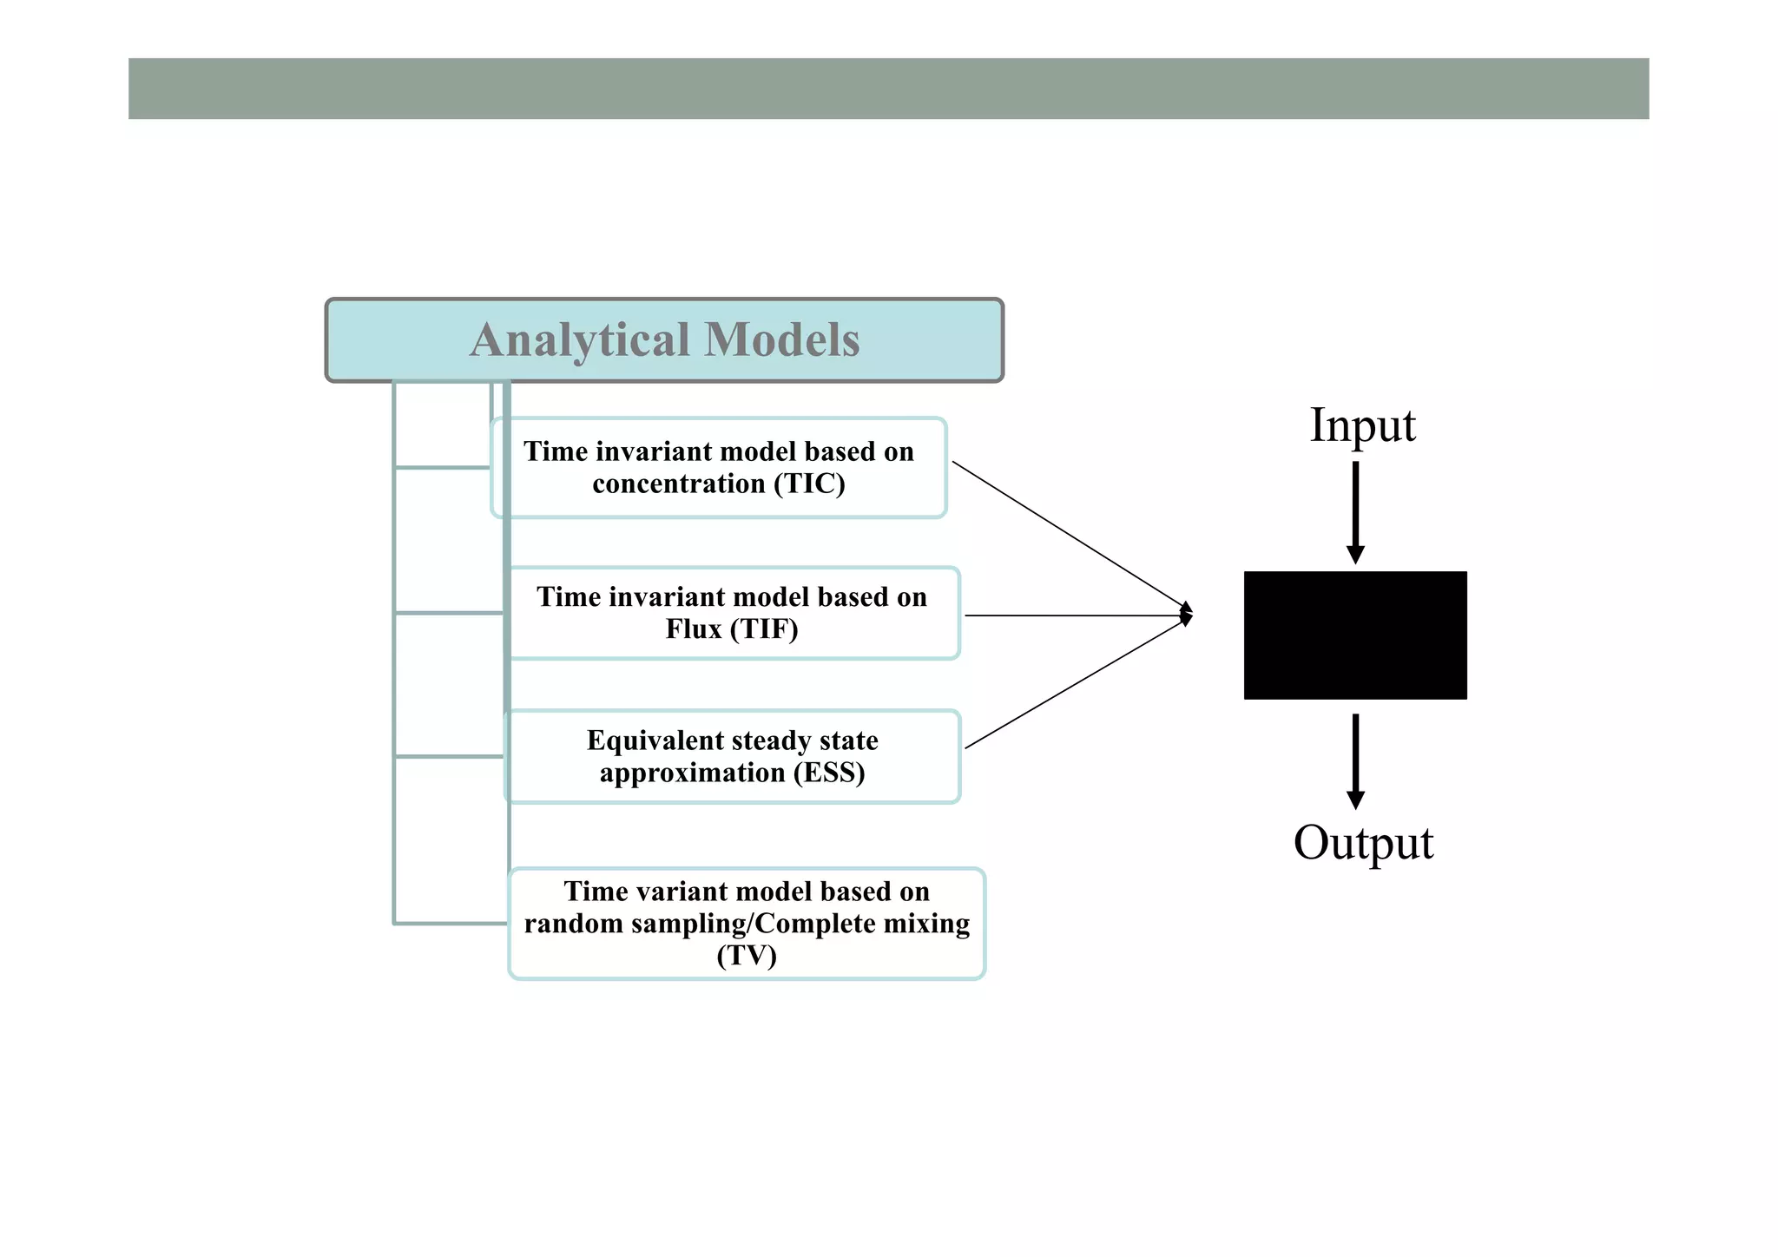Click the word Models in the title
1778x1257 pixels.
click(x=781, y=340)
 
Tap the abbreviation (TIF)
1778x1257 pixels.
click(x=761, y=629)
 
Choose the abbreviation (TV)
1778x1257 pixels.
click(x=746, y=956)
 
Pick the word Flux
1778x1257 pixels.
click(x=692, y=629)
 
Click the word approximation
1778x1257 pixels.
click(x=691, y=773)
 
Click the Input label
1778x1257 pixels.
click(x=1361, y=425)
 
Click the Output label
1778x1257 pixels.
click(x=1362, y=843)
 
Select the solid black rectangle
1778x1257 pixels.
click(x=1354, y=635)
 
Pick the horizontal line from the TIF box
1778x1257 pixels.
click(x=1077, y=615)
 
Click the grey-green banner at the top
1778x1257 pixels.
click(x=888, y=89)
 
